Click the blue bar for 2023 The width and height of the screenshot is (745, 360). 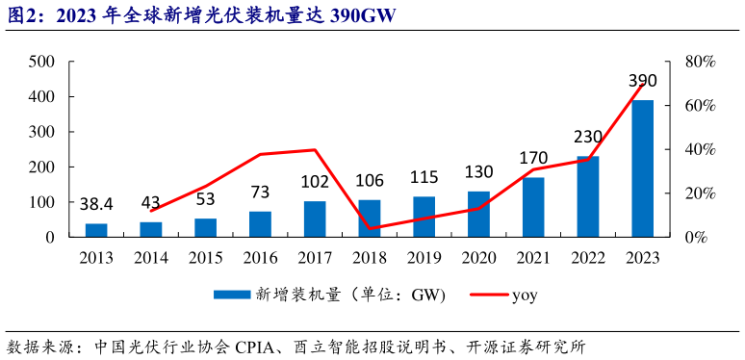(x=642, y=168)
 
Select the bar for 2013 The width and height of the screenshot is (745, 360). (x=96, y=230)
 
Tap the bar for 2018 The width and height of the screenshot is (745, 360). (x=370, y=218)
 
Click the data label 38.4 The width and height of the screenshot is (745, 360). (x=96, y=204)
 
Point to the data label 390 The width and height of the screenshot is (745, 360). (x=642, y=81)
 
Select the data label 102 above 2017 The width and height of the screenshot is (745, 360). (x=315, y=181)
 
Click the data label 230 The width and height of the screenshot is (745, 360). (x=588, y=136)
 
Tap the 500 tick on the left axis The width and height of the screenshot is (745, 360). (x=40, y=63)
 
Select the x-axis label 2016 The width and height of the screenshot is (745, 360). (x=260, y=258)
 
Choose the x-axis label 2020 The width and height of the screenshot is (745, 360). (x=478, y=258)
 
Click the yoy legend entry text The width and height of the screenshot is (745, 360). (x=524, y=296)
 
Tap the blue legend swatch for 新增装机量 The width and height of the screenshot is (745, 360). (x=230, y=296)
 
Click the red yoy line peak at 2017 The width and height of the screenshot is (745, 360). (x=315, y=149)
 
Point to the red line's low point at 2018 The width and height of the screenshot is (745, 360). (x=370, y=228)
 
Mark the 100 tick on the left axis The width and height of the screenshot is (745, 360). (x=40, y=202)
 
